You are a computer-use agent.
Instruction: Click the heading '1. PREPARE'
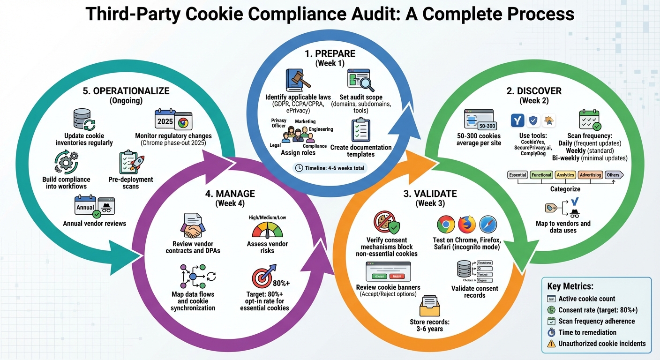(x=330, y=54)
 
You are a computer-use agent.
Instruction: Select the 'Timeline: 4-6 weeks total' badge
(x=330, y=168)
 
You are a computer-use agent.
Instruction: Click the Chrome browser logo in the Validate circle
(x=446, y=225)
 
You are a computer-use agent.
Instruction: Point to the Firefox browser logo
(x=467, y=225)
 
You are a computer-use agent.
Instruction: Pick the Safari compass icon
(x=488, y=225)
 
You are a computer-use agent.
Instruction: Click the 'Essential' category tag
(x=517, y=175)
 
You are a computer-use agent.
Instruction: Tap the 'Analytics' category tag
(x=565, y=175)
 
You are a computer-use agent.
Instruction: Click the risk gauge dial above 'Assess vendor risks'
(x=267, y=230)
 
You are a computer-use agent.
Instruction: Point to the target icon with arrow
(x=262, y=278)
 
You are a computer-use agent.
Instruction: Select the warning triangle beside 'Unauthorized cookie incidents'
(x=551, y=344)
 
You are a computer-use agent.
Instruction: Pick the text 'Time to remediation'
(x=587, y=332)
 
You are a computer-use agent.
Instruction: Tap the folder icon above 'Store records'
(x=429, y=307)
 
